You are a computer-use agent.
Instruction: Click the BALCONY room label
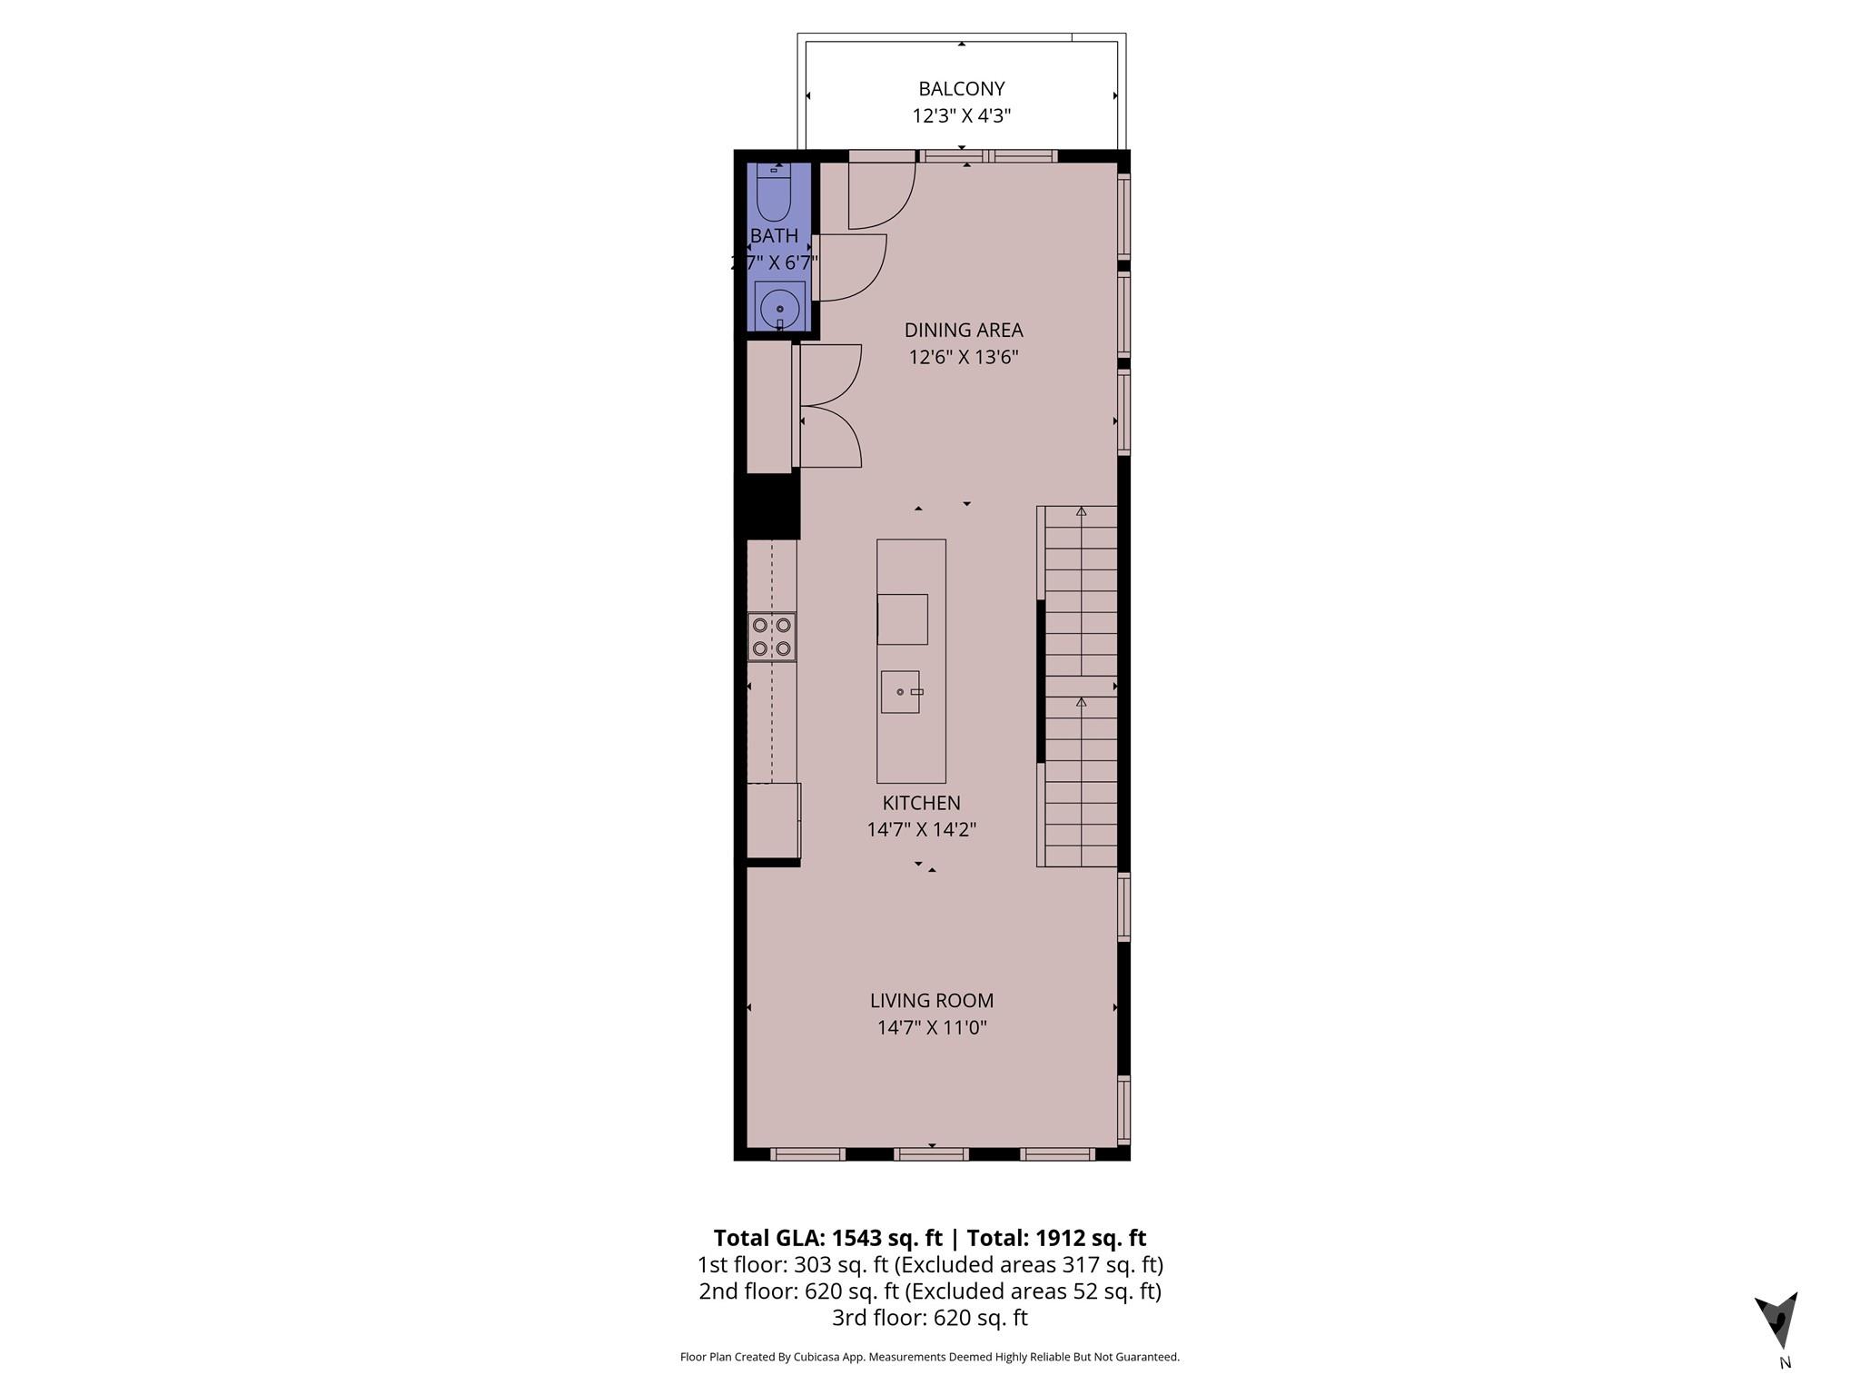pyautogui.click(x=961, y=89)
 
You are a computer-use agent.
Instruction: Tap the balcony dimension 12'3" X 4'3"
pyautogui.click(x=961, y=116)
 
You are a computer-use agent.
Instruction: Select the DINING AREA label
pyautogui.click(x=963, y=330)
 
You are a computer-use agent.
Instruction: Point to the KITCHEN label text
pyautogui.click(x=921, y=803)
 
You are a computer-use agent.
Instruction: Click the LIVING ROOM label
pyautogui.click(x=931, y=1001)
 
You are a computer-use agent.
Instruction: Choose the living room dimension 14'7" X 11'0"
pyautogui.click(x=931, y=1028)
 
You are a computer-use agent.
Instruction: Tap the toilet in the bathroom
pyautogui.click(x=774, y=193)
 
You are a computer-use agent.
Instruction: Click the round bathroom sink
pyautogui.click(x=779, y=309)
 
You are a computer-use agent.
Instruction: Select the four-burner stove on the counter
pyautogui.click(x=772, y=637)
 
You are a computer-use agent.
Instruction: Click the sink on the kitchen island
pyautogui.click(x=900, y=692)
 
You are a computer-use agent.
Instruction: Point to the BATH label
pyautogui.click(x=774, y=236)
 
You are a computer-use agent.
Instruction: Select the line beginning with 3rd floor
pyautogui.click(x=929, y=1318)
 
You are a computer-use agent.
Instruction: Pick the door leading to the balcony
pyautogui.click(x=881, y=195)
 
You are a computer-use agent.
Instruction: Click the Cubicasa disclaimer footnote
pyautogui.click(x=929, y=1357)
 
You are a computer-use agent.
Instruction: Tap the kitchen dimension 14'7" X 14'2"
pyautogui.click(x=921, y=830)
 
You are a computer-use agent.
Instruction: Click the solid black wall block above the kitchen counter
pyautogui.click(x=768, y=506)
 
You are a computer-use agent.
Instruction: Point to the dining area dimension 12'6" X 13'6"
pyautogui.click(x=963, y=357)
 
